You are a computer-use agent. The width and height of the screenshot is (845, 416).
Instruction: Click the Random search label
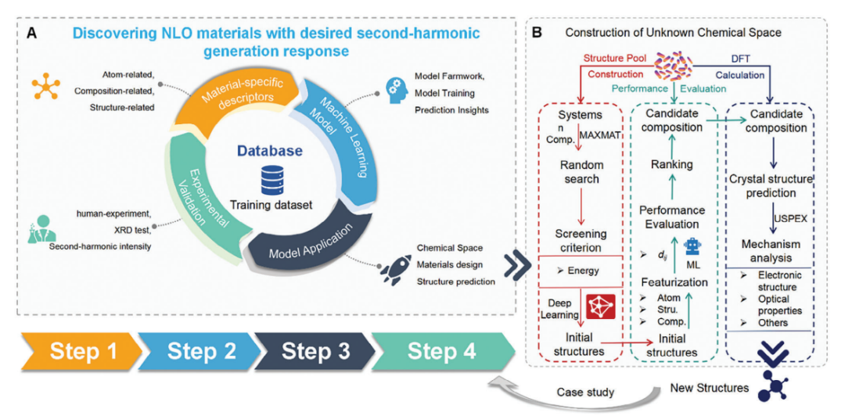click(x=581, y=172)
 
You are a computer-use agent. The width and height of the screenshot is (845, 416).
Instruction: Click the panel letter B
click(x=537, y=33)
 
